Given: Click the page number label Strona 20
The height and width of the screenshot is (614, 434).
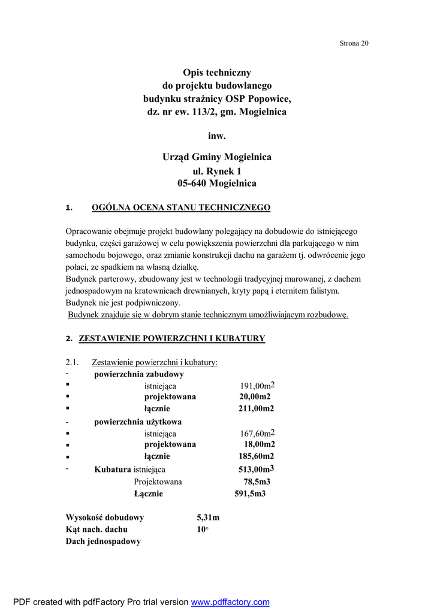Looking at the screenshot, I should pyautogui.click(x=354, y=43).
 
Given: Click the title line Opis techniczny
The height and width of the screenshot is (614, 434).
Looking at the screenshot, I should pyautogui.click(x=217, y=73).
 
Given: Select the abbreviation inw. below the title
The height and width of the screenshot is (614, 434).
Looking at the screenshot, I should pyautogui.click(x=217, y=136).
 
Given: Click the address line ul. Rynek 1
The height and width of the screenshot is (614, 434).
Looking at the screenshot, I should pyautogui.click(x=217, y=171).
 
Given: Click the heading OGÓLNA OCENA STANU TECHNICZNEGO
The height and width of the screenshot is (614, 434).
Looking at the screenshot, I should pyautogui.click(x=180, y=208).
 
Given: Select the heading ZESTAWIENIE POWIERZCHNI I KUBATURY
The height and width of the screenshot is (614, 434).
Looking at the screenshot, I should pyautogui.click(x=172, y=339).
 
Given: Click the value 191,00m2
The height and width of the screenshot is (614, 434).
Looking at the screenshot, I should pyautogui.click(x=257, y=386).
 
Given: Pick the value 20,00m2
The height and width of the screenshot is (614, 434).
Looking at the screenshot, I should pyautogui.click(x=255, y=397).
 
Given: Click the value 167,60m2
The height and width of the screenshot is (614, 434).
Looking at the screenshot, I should pyautogui.click(x=257, y=433).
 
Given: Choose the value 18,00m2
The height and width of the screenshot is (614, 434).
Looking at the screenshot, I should pyautogui.click(x=259, y=444).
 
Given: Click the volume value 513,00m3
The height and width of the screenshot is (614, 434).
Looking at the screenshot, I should pyautogui.click(x=256, y=469).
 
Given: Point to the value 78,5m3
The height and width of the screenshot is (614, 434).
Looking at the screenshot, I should pyautogui.click(x=257, y=481).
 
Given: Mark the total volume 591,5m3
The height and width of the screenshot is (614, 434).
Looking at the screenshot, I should pyautogui.click(x=249, y=493).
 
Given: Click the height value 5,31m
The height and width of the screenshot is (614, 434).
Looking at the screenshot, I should pyautogui.click(x=208, y=517).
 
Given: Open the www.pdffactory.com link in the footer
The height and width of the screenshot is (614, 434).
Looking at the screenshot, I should pyautogui.click(x=230, y=602).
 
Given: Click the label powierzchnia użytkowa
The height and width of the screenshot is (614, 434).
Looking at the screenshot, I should pyautogui.click(x=138, y=422).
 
